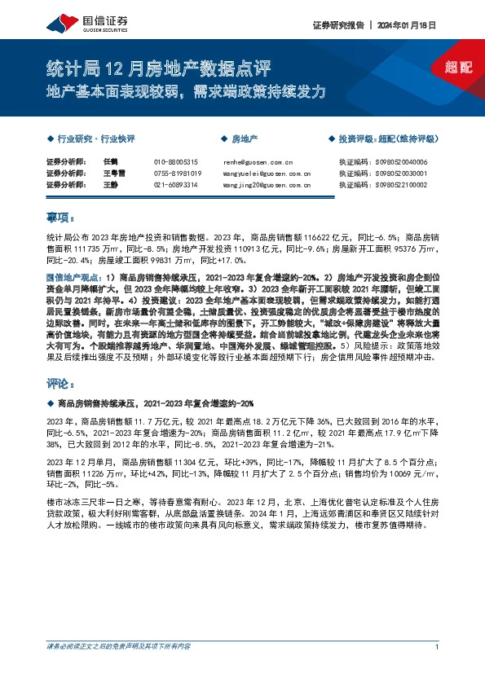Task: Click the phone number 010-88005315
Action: [x=175, y=163]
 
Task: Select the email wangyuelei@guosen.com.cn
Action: [x=266, y=174]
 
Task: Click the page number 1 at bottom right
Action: [x=438, y=670]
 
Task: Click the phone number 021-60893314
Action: [x=175, y=185]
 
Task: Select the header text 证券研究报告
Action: [x=337, y=24]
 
